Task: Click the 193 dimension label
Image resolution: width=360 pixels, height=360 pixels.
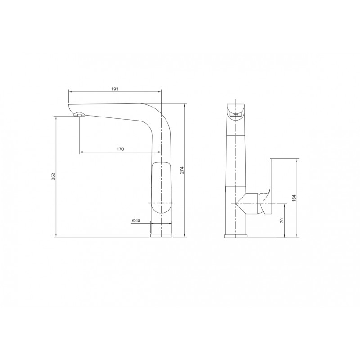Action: pos(115,89)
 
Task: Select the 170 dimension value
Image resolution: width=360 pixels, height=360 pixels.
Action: pos(120,149)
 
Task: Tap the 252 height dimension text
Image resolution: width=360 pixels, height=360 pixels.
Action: pos(53,176)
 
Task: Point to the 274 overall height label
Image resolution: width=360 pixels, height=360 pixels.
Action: pos(182,170)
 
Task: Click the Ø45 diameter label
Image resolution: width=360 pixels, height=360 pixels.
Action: pos(136,220)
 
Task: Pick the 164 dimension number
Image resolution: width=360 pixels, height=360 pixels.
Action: pos(294,198)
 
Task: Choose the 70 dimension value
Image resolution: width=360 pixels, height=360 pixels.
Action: pos(282,220)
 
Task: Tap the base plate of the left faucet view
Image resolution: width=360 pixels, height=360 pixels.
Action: pos(162,235)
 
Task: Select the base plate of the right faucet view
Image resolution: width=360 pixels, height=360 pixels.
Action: pos(236,236)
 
